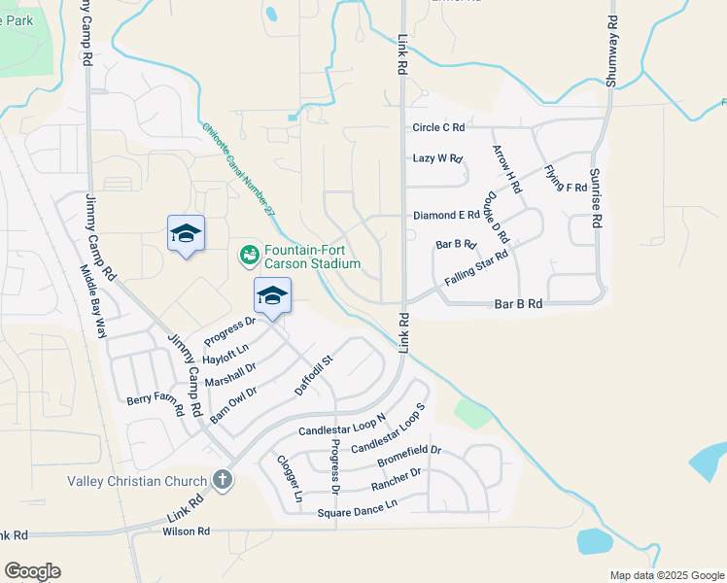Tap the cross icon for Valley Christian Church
[223, 480]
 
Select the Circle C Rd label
[438, 127]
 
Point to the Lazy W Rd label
[437, 157]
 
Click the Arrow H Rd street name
[507, 167]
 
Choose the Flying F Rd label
[566, 175]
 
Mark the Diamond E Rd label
[446, 215]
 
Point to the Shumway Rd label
[611, 51]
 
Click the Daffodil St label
[314, 375]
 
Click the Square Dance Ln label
[356, 505]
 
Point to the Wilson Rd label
[187, 532]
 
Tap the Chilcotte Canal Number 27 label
[239, 169]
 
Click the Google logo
[32, 571]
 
